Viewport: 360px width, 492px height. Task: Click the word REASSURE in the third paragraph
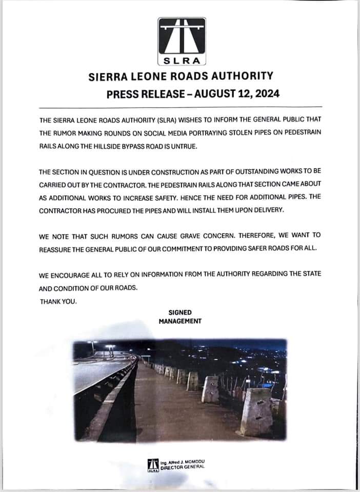53,249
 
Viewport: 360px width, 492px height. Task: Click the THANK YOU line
58,301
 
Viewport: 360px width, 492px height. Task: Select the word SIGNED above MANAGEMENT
180,312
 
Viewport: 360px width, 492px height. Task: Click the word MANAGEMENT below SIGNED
180,321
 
